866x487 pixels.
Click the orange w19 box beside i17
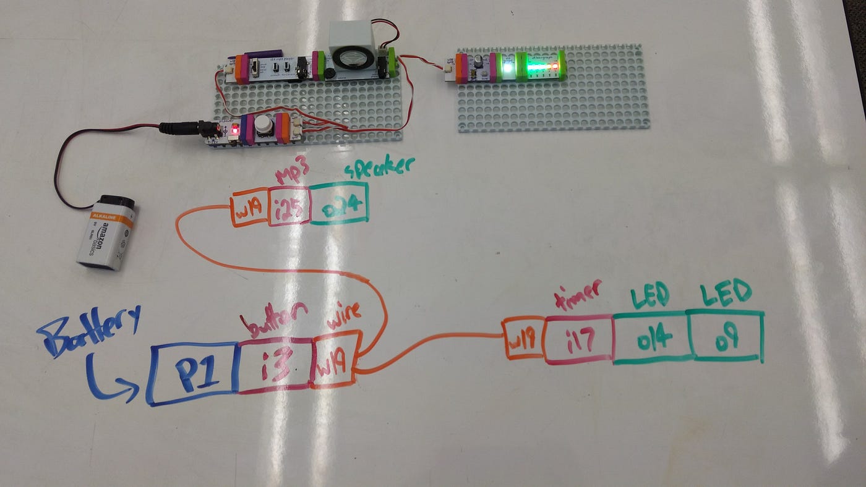click(x=523, y=339)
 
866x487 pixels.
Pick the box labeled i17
click(x=579, y=339)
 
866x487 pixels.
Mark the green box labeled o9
click(x=726, y=336)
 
